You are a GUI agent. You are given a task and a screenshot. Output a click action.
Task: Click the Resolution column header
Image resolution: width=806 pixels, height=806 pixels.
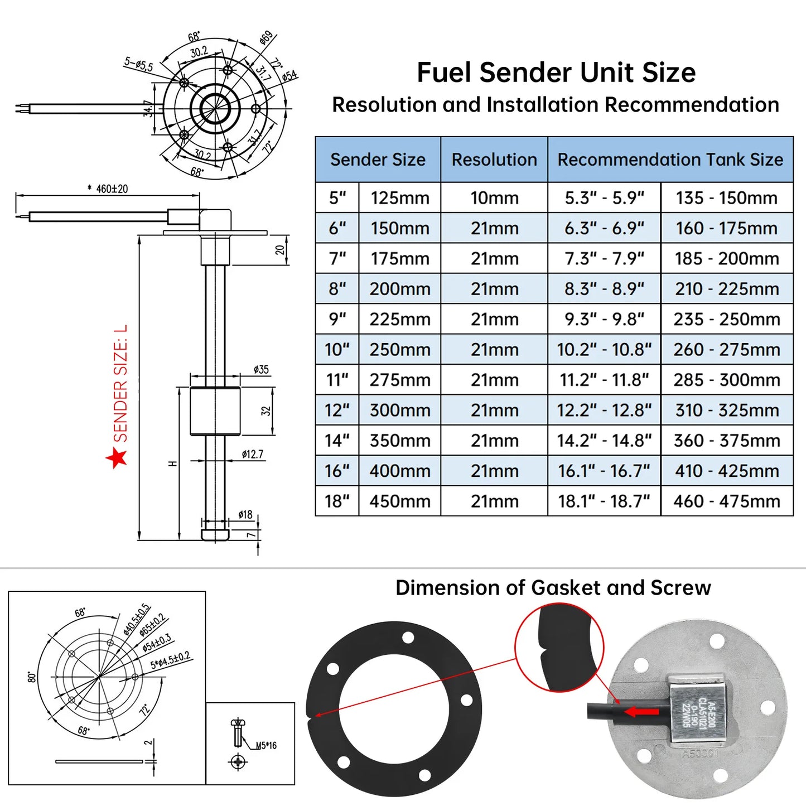tap(494, 160)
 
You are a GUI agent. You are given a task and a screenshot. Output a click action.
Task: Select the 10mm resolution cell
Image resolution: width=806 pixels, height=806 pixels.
tap(494, 198)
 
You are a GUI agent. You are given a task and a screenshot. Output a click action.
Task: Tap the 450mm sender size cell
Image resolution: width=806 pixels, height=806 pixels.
tap(399, 501)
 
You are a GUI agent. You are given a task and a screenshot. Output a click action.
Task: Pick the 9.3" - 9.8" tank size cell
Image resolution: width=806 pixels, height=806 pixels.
tap(604, 320)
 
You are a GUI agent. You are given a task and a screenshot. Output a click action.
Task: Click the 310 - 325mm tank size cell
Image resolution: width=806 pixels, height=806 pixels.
tap(727, 411)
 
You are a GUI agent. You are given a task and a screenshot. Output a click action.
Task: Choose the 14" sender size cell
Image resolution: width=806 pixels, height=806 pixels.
tap(337, 441)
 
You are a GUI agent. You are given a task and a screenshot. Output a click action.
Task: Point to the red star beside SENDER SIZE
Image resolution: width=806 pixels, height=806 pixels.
tap(117, 457)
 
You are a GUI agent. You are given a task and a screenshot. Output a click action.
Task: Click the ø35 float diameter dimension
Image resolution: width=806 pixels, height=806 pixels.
tap(260, 370)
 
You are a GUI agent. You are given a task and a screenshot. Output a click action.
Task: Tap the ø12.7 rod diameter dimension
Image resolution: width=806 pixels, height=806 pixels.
tap(252, 455)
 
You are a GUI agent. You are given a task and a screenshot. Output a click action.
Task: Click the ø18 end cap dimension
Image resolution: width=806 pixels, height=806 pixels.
tap(245, 515)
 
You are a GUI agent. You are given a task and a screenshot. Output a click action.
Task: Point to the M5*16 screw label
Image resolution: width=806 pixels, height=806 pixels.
tap(266, 746)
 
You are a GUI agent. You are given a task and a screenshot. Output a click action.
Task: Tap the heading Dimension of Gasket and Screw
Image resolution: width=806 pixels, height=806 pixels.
tap(553, 588)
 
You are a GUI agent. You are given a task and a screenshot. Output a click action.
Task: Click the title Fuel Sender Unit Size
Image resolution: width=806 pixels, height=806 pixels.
tap(556, 73)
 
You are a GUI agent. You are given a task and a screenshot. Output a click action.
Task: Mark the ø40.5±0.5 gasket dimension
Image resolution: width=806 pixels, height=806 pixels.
tap(137, 619)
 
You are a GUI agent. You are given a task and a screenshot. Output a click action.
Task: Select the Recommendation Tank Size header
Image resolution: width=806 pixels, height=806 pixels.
tap(670, 160)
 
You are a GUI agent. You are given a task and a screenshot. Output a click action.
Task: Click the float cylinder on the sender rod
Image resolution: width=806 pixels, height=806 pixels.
tap(215, 411)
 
